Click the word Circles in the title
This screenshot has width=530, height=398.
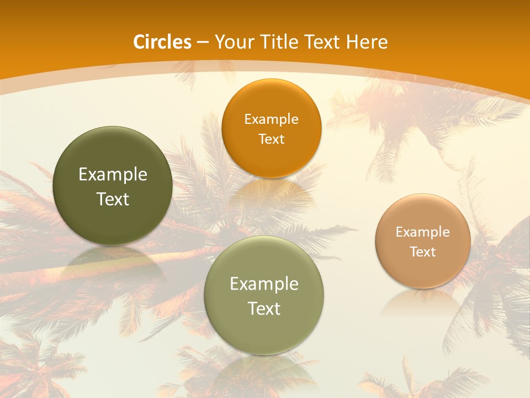point(162,42)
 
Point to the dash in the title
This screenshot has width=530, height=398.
point(203,43)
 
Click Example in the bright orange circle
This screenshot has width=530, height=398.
point(271,119)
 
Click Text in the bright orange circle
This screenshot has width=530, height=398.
point(271,139)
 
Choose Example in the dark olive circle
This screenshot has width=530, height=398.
point(113,175)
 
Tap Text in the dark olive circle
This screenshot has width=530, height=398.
point(113,200)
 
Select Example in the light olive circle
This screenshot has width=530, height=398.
point(264,284)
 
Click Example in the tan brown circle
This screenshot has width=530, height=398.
point(423,232)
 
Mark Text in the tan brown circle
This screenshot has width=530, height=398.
point(423,252)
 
